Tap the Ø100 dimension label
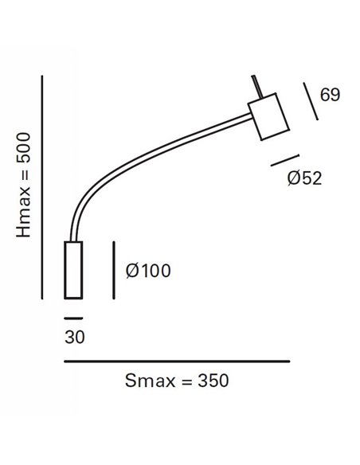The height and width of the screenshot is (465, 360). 147,270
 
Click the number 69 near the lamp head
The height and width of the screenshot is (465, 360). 330,95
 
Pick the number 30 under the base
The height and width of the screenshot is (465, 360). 74,336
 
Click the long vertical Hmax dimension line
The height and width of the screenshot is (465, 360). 43,187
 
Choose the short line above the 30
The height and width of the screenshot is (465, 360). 74,316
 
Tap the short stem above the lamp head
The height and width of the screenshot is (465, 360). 254,86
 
